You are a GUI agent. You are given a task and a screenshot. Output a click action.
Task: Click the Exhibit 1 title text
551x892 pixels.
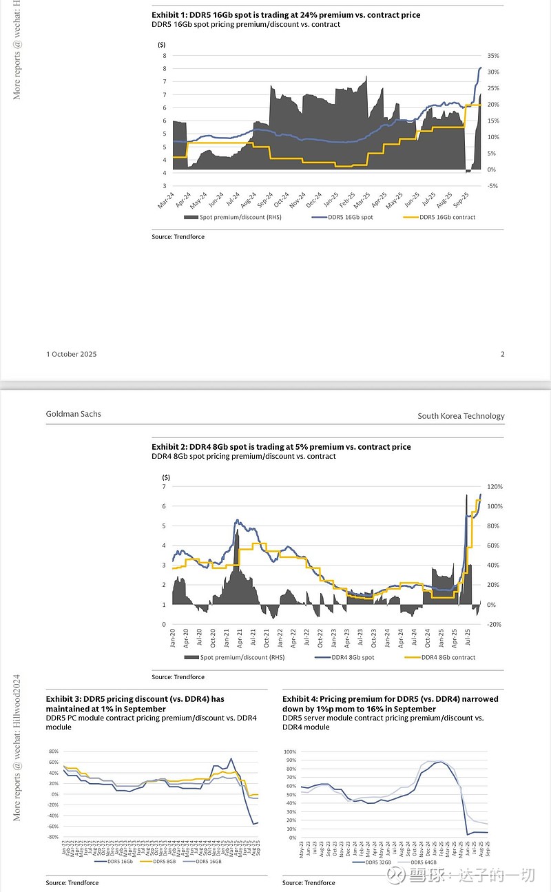click(286, 14)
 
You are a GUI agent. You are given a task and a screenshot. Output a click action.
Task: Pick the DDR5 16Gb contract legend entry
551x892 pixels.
click(447, 217)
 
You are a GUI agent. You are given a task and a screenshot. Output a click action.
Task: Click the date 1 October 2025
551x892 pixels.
click(72, 354)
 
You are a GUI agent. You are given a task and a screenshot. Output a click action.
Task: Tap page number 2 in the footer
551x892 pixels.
click(503, 354)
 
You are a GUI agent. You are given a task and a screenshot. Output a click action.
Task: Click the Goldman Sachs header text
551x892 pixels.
click(73, 414)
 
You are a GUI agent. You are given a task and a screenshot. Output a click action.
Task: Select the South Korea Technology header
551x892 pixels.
click(461, 416)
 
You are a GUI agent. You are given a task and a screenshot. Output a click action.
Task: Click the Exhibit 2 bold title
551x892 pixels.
click(281, 447)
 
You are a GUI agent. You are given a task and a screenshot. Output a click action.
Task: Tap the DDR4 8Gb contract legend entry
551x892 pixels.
click(448, 657)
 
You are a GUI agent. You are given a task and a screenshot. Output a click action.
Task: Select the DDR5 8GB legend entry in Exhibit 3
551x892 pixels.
click(163, 861)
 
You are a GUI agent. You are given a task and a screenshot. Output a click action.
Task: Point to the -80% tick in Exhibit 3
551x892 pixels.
click(52, 837)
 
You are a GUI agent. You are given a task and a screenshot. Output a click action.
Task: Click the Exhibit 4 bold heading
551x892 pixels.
click(391, 703)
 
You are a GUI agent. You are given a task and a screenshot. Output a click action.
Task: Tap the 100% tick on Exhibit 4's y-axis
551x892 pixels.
click(290, 751)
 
